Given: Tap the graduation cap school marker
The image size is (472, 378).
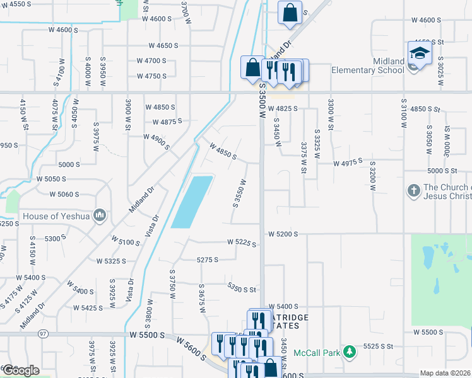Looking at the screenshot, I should [x=420, y=53].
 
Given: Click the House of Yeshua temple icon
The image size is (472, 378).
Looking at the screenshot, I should [x=99, y=216].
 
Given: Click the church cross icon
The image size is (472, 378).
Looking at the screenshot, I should [x=413, y=192].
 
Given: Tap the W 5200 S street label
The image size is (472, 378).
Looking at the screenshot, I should [x=282, y=234].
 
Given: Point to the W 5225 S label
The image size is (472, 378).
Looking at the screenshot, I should [x=242, y=242].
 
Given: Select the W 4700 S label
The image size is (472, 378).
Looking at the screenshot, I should [x=151, y=61].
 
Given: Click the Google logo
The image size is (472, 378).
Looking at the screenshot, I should [x=21, y=370].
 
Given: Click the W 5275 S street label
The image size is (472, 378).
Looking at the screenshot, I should [x=207, y=260].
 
